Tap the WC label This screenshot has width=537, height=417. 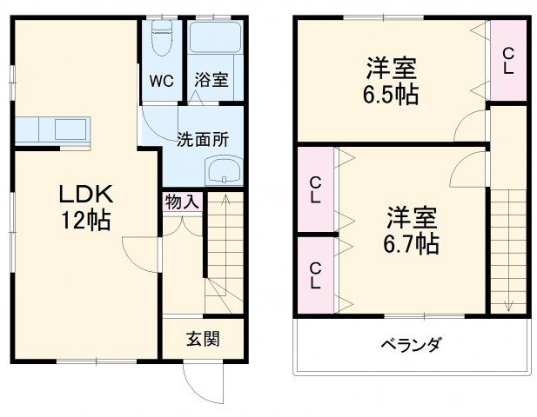coord(162,81)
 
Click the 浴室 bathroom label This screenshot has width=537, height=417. coord(211,81)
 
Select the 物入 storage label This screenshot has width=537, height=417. coord(182,202)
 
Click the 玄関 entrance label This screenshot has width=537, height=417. coord(201,338)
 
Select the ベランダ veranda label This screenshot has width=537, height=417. coord(410,345)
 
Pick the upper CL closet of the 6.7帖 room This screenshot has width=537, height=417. coord(314,190)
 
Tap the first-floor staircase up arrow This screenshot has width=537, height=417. coord(224,202)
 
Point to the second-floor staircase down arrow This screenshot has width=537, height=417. coord(507,304)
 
